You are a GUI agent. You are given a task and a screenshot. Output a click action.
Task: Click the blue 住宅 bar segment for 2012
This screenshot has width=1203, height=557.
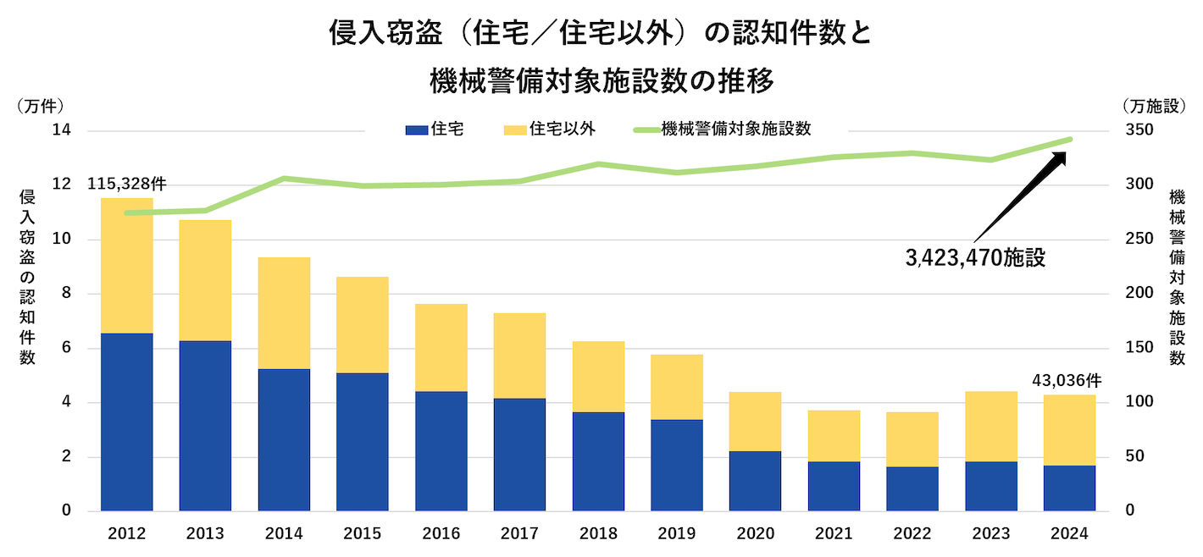(126, 422)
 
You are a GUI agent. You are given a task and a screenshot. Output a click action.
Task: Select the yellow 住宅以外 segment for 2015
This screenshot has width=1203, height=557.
(362, 325)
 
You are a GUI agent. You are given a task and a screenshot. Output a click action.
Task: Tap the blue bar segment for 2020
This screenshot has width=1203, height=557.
(755, 481)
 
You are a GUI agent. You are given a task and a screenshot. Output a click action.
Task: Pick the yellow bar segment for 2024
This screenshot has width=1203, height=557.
(1069, 430)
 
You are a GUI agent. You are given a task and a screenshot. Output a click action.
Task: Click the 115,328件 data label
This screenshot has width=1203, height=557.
(126, 184)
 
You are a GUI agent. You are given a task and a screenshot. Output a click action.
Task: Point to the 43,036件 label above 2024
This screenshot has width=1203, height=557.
(1066, 381)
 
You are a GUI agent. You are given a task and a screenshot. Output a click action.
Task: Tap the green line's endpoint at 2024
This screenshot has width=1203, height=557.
(1070, 140)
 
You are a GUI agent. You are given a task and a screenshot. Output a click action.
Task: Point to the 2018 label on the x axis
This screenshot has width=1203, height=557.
(598, 534)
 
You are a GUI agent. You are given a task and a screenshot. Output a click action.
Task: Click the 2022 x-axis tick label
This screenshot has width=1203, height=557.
(912, 534)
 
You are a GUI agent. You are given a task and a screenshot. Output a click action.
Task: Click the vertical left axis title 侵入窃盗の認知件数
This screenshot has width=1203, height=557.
(27, 277)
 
